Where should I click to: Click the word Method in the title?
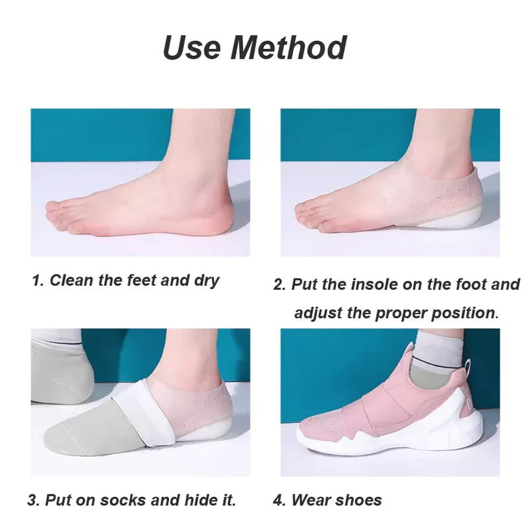(x=292, y=48)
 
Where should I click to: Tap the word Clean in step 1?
(x=72, y=280)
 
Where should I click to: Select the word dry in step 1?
(x=206, y=280)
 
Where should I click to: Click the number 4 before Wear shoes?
(x=279, y=500)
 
